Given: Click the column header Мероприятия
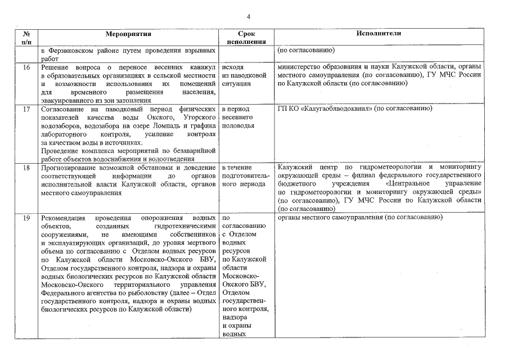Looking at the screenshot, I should pos(128,34).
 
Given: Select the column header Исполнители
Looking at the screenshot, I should pos(379,34).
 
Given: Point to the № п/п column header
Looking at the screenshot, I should pos(26,38).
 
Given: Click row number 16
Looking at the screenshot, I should pos(26,67).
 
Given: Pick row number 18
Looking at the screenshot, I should pos(26,168).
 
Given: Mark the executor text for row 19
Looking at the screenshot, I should pos(358,218).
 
